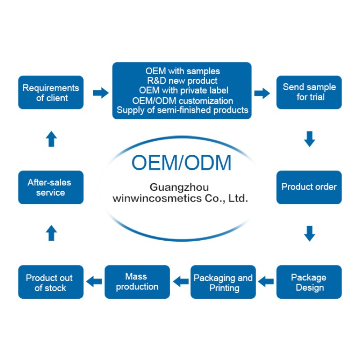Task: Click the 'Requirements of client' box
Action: coord(51,92)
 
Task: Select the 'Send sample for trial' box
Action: coord(309,92)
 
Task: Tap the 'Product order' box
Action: coord(309,187)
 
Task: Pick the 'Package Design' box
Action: coord(309,282)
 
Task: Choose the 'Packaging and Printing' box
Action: coord(223,282)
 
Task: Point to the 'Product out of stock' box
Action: coord(51,282)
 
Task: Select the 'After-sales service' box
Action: coord(51,187)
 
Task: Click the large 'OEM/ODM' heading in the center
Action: coord(181,162)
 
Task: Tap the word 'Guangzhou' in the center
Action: coord(179,187)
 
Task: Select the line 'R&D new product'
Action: coord(182,81)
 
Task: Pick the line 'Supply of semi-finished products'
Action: coord(182,110)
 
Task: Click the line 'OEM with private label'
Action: coord(182,90)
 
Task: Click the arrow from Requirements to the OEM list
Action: coord(101,93)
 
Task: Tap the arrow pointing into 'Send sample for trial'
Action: coord(262,93)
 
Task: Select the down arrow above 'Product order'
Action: coord(309,139)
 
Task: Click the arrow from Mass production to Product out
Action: coord(94,282)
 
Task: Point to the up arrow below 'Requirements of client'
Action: coord(51,139)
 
